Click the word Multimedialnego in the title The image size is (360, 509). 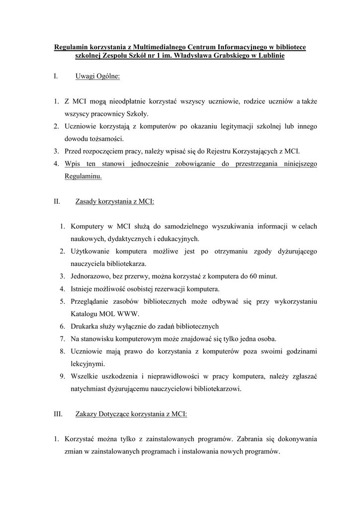pos(154,48)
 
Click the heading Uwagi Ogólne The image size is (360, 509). pos(97,77)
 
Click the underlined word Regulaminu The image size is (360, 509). pos(83,176)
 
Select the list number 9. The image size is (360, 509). pos(63,376)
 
